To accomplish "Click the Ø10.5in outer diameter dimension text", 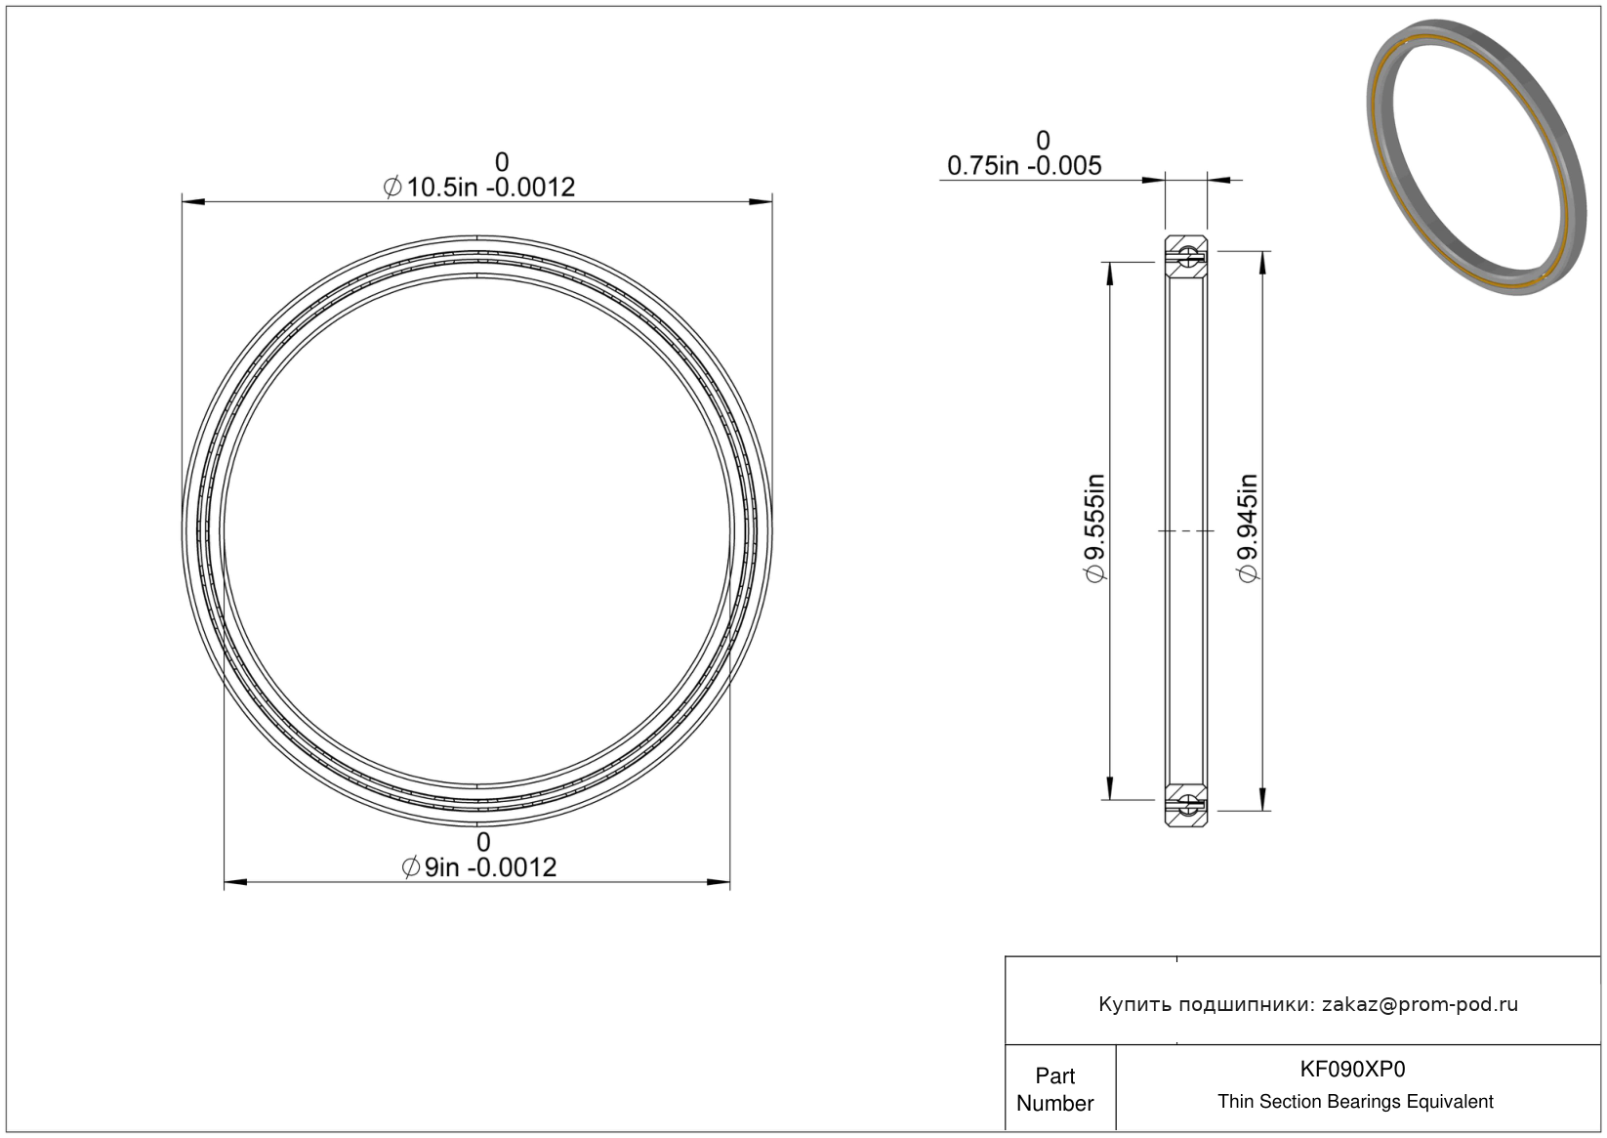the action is coord(479,188).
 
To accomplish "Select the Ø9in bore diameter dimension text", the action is coord(479,867).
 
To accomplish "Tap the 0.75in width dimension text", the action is coord(1024,166).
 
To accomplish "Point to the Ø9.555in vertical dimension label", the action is coord(1095,528).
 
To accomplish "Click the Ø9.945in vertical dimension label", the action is coord(1249,528).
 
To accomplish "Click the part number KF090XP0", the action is coord(1352,1069).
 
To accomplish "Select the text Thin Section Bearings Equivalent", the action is coord(1355,1102).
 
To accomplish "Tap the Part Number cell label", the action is coord(1054,1089).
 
